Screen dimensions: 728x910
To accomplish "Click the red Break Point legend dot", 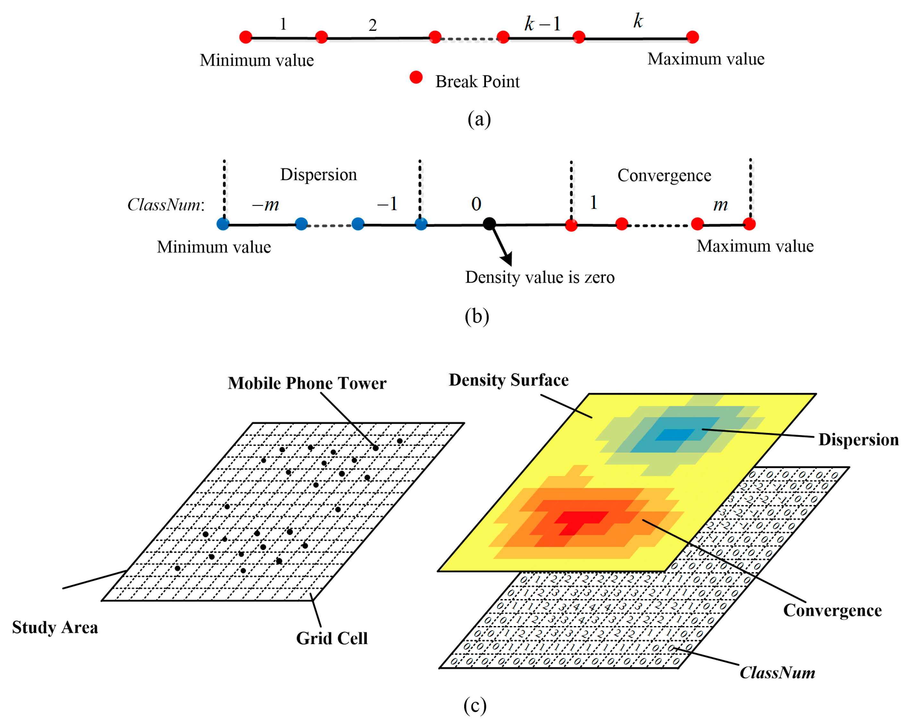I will tap(416, 77).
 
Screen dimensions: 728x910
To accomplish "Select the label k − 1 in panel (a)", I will tap(542, 24).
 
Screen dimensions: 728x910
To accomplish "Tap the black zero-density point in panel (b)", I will tap(489, 224).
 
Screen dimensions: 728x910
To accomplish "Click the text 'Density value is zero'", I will tap(540, 277).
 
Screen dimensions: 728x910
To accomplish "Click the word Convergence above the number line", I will tap(664, 175).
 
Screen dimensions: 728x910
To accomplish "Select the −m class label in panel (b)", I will tap(266, 205).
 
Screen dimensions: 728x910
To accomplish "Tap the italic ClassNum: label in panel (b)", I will tap(166, 205).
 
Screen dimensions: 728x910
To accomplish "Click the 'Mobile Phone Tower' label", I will tap(307, 383).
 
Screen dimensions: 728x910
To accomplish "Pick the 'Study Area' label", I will tap(55, 627).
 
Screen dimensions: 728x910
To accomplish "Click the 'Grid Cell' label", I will tap(332, 638).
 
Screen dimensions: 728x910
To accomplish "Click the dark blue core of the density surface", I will tap(675, 434).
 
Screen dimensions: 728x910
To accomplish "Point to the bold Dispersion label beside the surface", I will tap(858, 440).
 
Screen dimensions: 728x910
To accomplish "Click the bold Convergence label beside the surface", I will tap(832, 610).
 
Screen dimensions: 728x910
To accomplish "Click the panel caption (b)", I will tap(477, 317).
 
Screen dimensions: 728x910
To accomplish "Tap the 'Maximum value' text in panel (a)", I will tap(706, 59).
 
